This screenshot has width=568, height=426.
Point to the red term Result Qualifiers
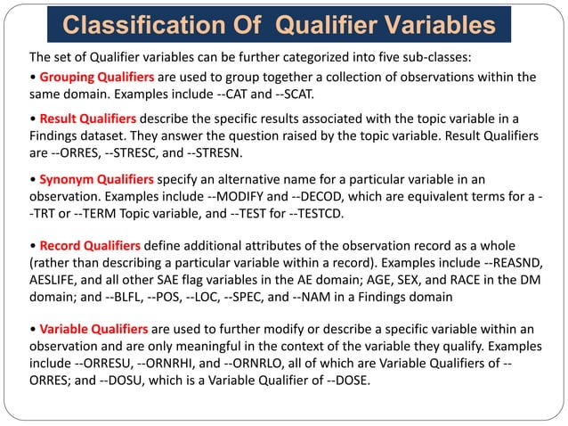87,119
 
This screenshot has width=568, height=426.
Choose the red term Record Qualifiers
90,246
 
